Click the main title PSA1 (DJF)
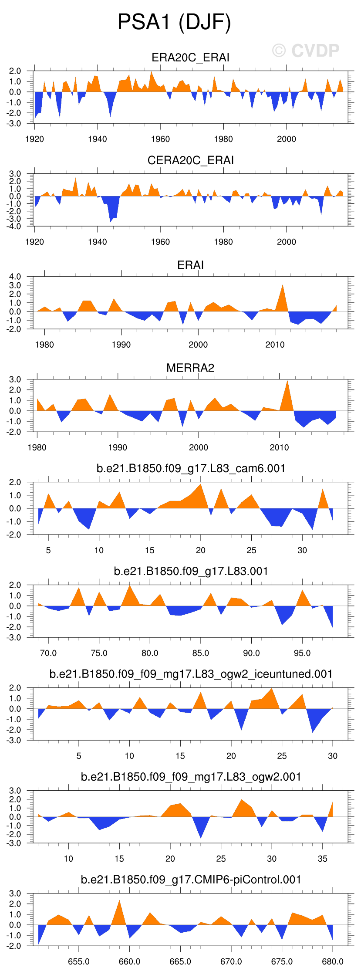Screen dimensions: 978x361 coord(174,22)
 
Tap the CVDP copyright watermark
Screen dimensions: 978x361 coord(306,51)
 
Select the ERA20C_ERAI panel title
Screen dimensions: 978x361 coord(190,58)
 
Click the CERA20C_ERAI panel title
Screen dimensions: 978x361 coord(190,160)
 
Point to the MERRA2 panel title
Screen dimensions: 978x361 coord(190,368)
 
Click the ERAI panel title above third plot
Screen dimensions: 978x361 coord(190,265)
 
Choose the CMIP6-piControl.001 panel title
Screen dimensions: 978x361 coord(191,880)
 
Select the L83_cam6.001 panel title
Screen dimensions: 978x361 coord(191,468)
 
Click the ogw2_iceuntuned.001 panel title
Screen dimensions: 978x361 coord(191,674)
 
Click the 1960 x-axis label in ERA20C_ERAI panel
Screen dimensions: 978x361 coord(160,139)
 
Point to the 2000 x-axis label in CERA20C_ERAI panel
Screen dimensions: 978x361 coord(286,242)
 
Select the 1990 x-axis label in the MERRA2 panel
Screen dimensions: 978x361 coord(118,447)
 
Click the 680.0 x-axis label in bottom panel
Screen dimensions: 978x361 coord(332,961)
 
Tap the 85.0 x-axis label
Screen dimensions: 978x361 coord(200,653)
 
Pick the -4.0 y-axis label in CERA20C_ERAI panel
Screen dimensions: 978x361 coord(15,227)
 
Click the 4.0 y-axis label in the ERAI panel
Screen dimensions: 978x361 coord(15,277)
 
